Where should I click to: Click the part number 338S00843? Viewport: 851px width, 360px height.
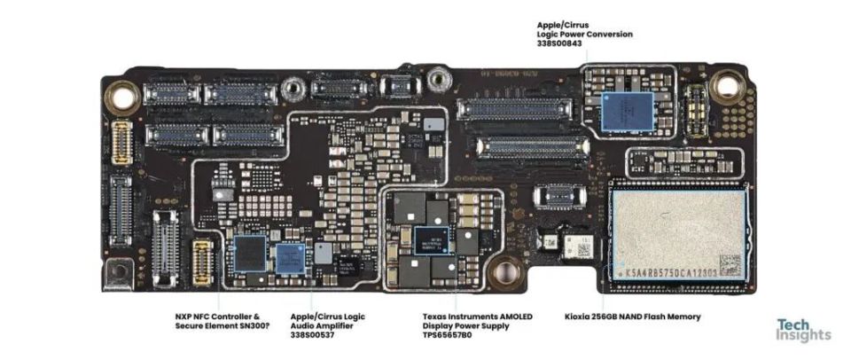559,43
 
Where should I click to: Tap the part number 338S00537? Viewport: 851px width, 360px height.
313,337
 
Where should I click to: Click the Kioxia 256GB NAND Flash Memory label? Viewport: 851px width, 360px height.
632,317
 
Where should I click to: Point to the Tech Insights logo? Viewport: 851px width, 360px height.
803,330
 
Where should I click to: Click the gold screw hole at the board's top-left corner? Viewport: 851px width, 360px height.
120,92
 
